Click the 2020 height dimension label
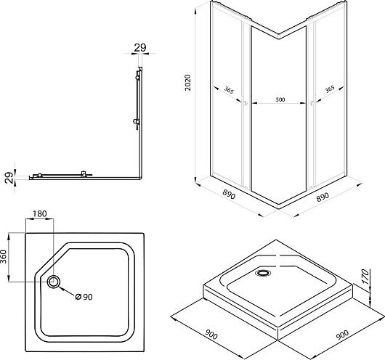coord(188,83)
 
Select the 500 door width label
coord(280,99)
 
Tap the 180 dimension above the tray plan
coord(40,214)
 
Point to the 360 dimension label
coord(4,256)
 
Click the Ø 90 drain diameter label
coord(84,297)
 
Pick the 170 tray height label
coord(365,277)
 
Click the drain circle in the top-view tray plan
coord(54,282)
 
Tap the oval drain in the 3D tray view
coord(263,273)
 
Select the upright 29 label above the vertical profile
coord(140,48)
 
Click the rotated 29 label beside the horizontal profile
coord(9,178)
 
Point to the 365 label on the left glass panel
coord(229,90)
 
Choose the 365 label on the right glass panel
coord(330,89)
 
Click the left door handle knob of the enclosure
coord(245,103)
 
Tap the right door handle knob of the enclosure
coord(312,103)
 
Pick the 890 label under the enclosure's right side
coord(323,197)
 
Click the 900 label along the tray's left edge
coord(211,335)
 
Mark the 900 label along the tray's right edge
coord(342,335)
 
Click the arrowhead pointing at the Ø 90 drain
coord(62,288)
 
